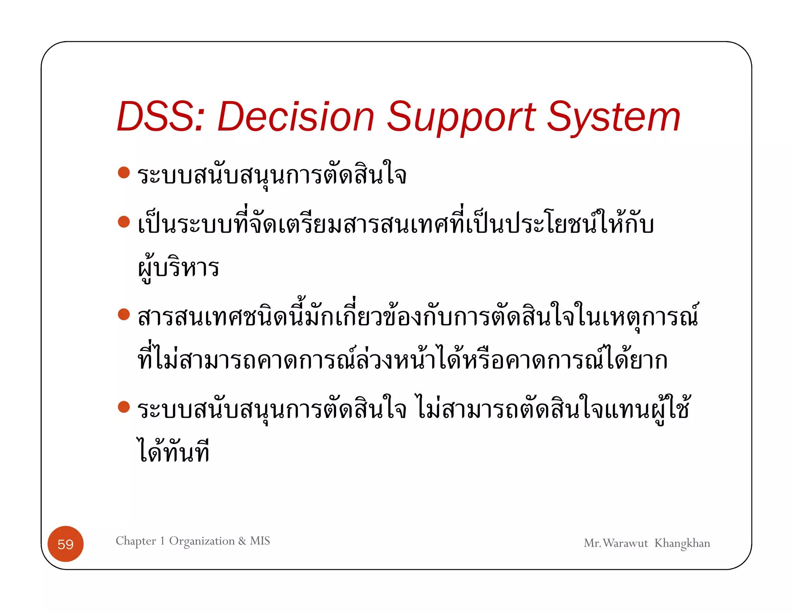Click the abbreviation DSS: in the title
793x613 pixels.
pyautogui.click(x=160, y=117)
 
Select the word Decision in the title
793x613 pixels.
pyautogui.click(x=296, y=117)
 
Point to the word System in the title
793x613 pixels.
pyautogui.click(x=613, y=117)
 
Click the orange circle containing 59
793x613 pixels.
pyautogui.click(x=65, y=544)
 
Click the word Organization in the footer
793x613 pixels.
pyautogui.click(x=202, y=541)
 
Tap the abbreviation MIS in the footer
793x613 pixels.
pyautogui.click(x=260, y=541)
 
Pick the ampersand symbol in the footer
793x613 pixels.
pyautogui.click(x=242, y=541)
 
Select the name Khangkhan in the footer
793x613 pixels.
pyautogui.click(x=682, y=543)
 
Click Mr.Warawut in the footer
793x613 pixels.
pyautogui.click(x=616, y=543)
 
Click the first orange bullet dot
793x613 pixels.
pyautogui.click(x=124, y=172)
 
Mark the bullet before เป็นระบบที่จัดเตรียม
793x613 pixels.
pyautogui.click(x=124, y=222)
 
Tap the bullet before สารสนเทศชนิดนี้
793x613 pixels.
pyautogui.click(x=124, y=314)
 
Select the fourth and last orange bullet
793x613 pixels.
pyautogui.click(x=124, y=407)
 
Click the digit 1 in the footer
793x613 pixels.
pyautogui.click(x=163, y=541)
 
